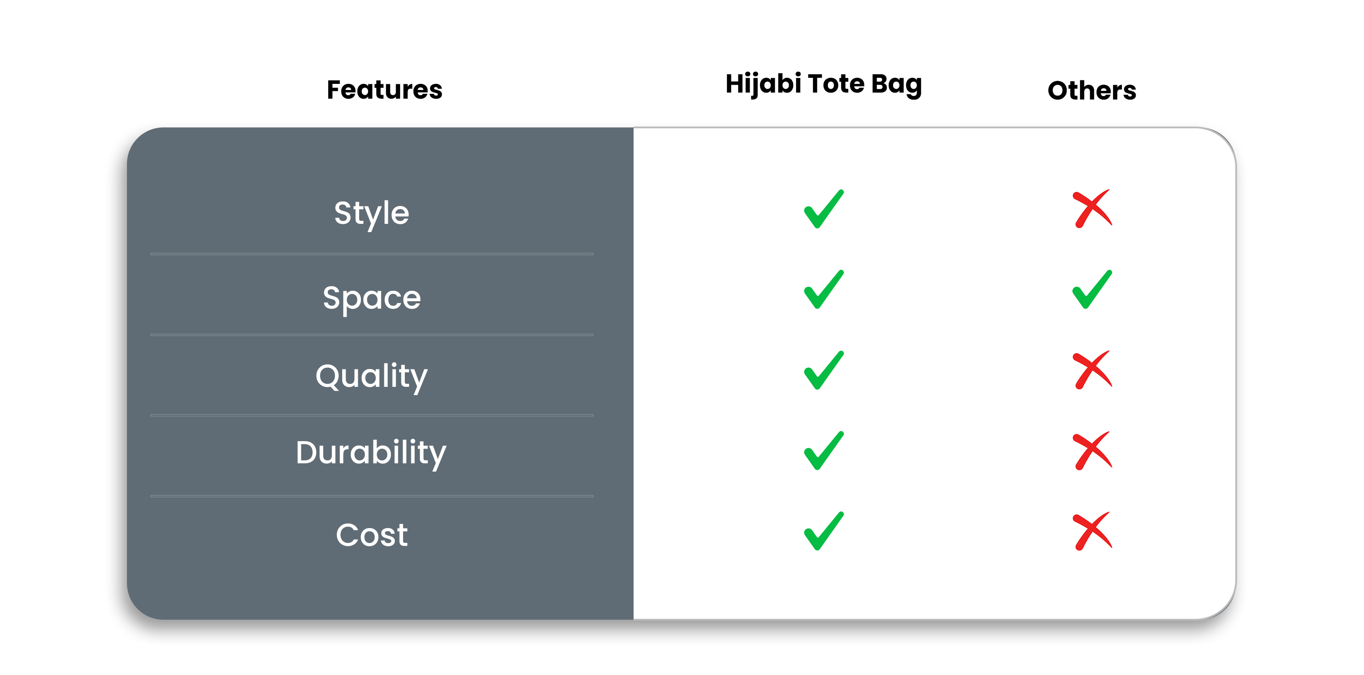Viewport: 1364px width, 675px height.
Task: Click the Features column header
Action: click(x=384, y=90)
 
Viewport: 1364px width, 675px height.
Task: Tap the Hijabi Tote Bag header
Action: click(x=824, y=85)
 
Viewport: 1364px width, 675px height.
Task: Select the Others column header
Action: click(x=1092, y=90)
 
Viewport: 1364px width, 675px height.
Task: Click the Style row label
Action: click(x=372, y=213)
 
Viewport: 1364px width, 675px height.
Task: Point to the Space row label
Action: click(x=372, y=299)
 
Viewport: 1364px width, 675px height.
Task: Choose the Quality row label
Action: click(x=372, y=377)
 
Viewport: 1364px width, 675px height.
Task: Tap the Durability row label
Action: click(x=371, y=453)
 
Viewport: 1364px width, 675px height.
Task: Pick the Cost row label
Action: click(x=372, y=535)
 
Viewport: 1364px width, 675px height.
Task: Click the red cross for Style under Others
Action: click(x=1091, y=209)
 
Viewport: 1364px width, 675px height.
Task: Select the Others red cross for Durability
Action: click(x=1091, y=451)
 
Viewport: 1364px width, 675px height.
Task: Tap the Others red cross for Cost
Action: click(x=1091, y=532)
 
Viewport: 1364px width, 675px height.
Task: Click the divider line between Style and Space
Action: click(x=372, y=254)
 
